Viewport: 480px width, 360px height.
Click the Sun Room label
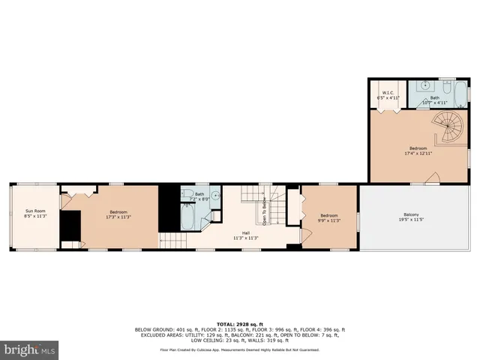(34, 214)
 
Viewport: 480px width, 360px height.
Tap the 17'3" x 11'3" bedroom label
(118, 214)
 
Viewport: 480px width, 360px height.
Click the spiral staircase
(451, 127)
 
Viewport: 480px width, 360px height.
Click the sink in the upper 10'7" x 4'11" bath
(424, 86)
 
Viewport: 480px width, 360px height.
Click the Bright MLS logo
(30, 349)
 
